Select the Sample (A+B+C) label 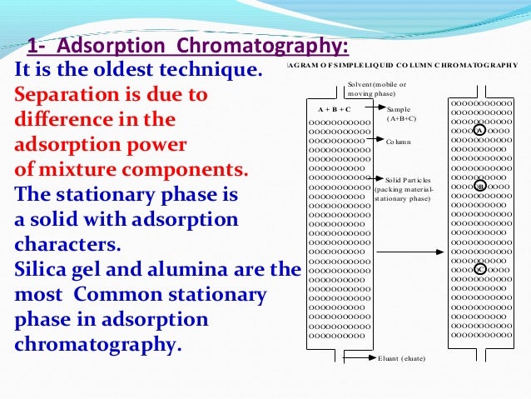coord(401,114)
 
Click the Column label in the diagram coord(399,142)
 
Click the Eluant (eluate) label coord(401,358)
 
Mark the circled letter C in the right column coord(479,268)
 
